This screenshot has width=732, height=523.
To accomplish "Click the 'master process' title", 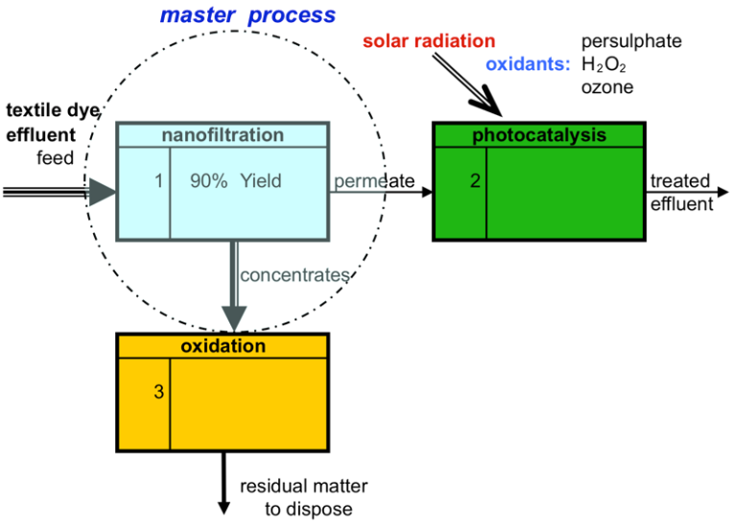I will point(248,15).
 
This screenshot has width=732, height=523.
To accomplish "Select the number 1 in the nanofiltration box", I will point(158,180).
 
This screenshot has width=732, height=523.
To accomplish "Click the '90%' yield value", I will point(208,180).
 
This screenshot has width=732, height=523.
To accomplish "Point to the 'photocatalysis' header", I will point(539,135).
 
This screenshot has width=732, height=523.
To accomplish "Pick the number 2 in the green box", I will point(475,180).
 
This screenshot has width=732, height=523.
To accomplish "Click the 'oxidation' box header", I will point(223,345).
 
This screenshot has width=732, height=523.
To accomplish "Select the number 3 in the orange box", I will point(158,391).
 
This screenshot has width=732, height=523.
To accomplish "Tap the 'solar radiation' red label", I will point(429,41).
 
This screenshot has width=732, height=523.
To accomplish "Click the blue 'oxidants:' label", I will point(527,65).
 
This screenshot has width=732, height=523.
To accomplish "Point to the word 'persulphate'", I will point(631,41).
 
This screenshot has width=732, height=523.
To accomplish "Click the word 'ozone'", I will point(606,88).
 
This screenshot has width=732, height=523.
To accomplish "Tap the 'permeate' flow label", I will point(373,180).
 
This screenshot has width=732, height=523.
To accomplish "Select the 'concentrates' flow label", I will point(295,275).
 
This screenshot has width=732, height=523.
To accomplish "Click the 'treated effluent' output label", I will point(680,192).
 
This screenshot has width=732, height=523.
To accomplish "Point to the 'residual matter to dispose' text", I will point(303,497).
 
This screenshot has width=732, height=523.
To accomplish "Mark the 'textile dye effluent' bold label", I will point(48,122).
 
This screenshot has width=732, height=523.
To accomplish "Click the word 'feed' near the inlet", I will point(55,157).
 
